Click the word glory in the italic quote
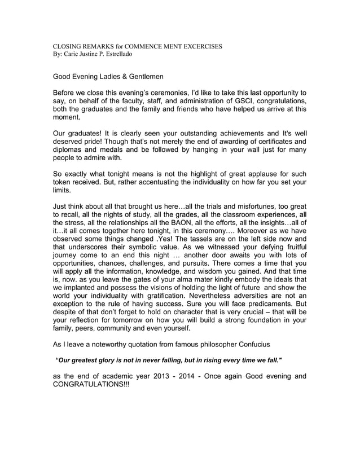(x=110, y=360)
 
